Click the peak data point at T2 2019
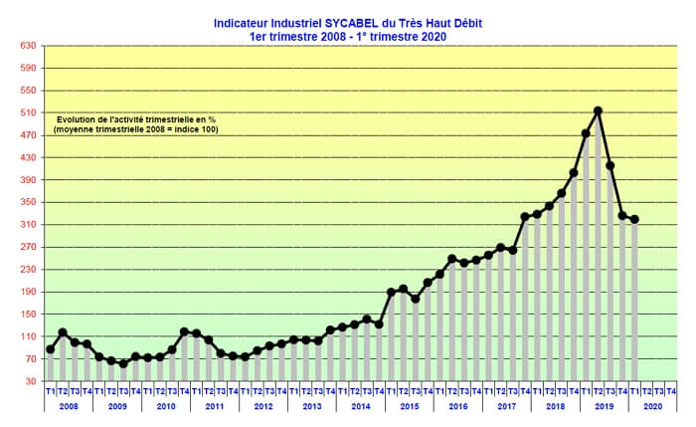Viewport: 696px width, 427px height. [598, 110]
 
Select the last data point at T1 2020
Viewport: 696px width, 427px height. [634, 219]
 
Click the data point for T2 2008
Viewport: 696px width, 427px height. [63, 332]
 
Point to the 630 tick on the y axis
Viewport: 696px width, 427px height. [28, 46]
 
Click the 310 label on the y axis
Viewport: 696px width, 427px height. [28, 225]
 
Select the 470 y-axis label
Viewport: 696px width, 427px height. [28, 135]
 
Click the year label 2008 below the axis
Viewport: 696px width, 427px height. [69, 406]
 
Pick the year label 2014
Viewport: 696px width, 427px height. [361, 406]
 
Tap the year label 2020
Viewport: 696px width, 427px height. [653, 406]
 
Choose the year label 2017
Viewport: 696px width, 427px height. [507, 406]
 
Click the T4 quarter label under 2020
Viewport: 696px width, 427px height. [671, 391]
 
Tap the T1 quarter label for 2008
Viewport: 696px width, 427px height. [51, 391]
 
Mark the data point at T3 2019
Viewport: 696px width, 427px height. [609, 165]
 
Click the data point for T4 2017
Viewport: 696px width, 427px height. [525, 217]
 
